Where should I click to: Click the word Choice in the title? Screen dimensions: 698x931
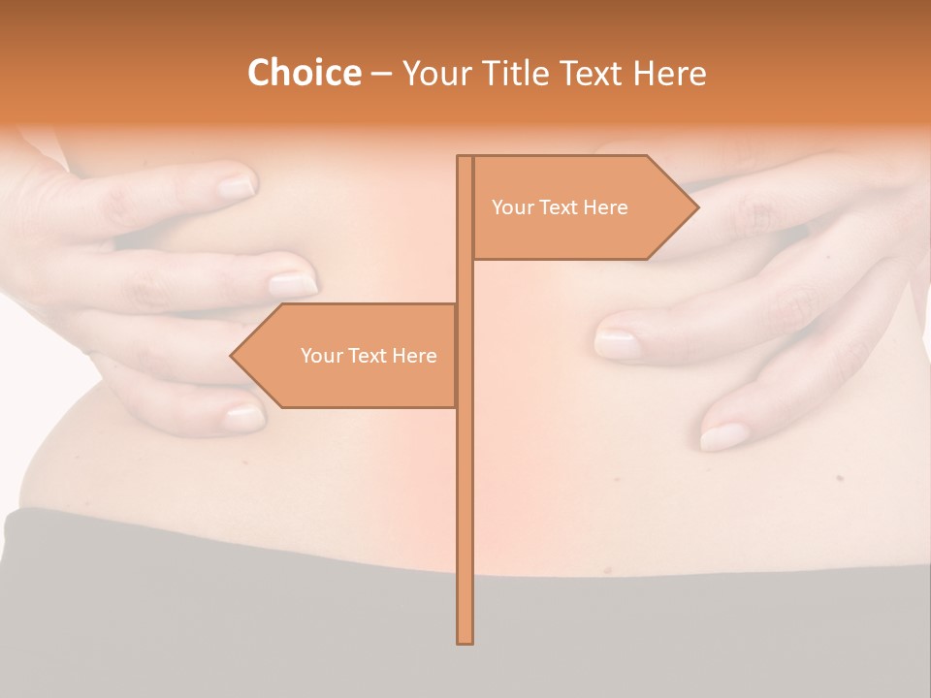point(304,74)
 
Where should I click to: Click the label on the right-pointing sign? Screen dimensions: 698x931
point(560,207)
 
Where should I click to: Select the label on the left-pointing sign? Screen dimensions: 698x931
point(369,356)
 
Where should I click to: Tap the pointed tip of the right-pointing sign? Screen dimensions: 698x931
point(696,206)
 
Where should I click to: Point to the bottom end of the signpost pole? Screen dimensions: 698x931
point(465,641)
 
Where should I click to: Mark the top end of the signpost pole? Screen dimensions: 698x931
point(465,157)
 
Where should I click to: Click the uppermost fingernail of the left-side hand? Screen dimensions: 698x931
point(236,184)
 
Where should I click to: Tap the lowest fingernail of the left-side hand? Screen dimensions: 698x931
point(244,418)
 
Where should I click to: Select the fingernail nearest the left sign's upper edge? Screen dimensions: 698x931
point(292,285)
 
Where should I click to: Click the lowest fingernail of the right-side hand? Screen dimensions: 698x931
point(722,437)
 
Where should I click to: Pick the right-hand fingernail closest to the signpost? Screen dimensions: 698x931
point(616,343)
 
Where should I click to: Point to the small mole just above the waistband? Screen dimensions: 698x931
point(608,569)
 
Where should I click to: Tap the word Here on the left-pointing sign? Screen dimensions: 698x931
point(414,356)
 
